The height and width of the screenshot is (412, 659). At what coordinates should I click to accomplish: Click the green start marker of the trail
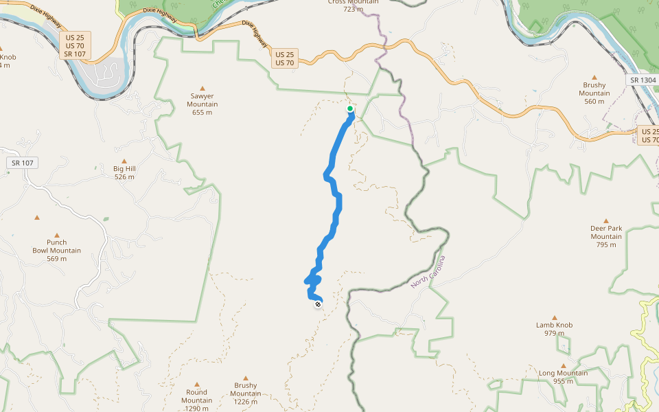(x=350, y=108)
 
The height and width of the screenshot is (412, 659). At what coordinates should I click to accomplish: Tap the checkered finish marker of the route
(x=318, y=304)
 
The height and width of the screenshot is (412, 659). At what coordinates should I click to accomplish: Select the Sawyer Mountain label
(x=202, y=104)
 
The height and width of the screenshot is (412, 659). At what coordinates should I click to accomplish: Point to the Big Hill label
(x=124, y=172)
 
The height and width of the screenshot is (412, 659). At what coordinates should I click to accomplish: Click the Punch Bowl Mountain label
(x=56, y=250)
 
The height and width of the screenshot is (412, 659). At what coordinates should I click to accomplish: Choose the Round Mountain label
(x=196, y=400)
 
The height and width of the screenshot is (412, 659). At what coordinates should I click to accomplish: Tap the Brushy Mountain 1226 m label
(x=245, y=393)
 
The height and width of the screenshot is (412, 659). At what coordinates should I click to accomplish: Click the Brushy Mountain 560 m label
(x=594, y=93)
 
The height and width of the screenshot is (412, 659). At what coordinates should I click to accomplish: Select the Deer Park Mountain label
(x=605, y=236)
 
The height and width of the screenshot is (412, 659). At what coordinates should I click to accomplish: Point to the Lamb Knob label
(x=554, y=329)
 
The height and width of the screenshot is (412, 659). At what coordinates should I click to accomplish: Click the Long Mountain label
(x=563, y=377)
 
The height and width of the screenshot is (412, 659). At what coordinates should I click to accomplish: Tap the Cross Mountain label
(x=354, y=5)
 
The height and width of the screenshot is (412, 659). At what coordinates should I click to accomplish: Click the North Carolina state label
(x=428, y=272)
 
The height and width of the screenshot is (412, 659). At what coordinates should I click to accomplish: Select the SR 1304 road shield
(x=643, y=80)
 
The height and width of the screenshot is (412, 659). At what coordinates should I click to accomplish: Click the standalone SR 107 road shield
(x=23, y=163)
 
